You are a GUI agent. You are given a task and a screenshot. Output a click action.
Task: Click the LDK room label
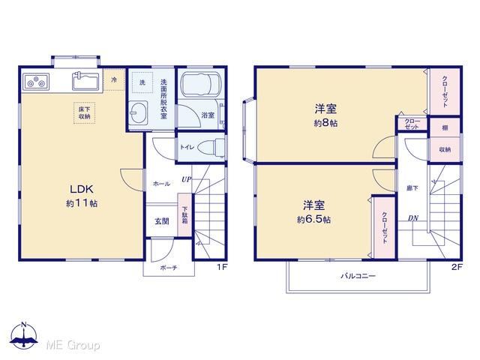(x=82, y=189)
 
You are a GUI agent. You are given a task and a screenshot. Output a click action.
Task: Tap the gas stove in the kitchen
(x=36, y=82)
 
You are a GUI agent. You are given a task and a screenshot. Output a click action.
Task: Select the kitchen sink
(x=85, y=81)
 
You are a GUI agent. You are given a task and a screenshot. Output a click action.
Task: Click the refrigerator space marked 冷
(x=114, y=80)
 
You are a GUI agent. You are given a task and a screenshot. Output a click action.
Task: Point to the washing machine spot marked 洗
(x=142, y=82)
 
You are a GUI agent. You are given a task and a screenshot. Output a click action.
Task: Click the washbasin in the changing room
(x=138, y=112)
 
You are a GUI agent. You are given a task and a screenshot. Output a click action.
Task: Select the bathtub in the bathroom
(x=200, y=84)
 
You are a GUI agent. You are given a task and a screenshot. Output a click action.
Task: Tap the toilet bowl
(x=211, y=148)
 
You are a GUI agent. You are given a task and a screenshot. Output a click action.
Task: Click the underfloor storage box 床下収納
(x=84, y=113)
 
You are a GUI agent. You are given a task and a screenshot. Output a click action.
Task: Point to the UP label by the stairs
(x=186, y=179)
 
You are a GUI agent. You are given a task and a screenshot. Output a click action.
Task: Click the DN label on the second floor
(x=413, y=218)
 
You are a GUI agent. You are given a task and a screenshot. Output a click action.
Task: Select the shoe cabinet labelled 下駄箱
(x=185, y=214)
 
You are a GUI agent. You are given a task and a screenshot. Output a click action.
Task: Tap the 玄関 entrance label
(x=162, y=221)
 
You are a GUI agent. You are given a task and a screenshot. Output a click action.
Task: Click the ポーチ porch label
(x=169, y=268)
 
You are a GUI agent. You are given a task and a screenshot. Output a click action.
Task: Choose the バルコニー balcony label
(x=358, y=276)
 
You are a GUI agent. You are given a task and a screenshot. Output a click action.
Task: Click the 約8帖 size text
(x=325, y=123)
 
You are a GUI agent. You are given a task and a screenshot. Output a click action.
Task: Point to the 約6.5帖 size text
(x=313, y=220)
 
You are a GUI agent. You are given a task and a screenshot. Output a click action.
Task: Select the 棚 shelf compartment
(x=445, y=127)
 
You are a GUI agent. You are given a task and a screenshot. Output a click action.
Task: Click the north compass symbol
(x=24, y=334)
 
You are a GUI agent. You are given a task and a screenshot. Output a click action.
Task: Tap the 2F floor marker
(x=457, y=267)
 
